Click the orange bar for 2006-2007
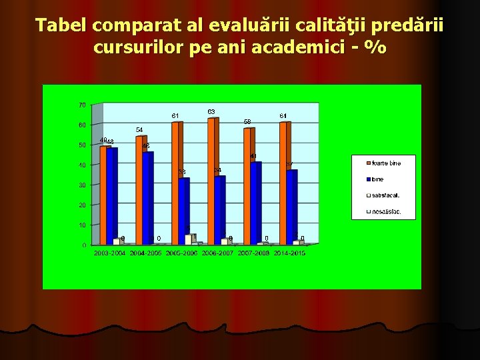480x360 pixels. pyautogui.click(x=211, y=180)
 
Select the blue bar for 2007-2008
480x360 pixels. pyautogui.click(x=255, y=203)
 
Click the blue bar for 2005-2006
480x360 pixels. pyautogui.click(x=183, y=211)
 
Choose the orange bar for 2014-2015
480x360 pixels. pyautogui.click(x=283, y=183)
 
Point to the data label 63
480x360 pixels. pyautogui.click(x=211, y=111)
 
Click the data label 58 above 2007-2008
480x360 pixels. pyautogui.click(x=247, y=122)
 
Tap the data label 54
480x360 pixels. pyautogui.click(x=139, y=129)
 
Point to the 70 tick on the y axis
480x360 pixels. pyautogui.click(x=81, y=105)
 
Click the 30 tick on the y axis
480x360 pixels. pyautogui.click(x=81, y=185)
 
